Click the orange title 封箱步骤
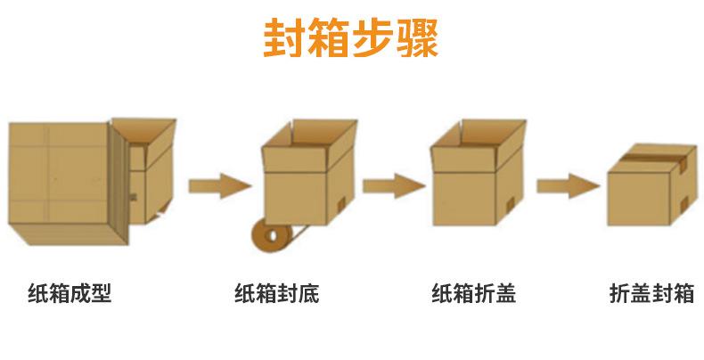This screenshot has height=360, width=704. click(351, 38)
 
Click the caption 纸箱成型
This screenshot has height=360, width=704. click(69, 293)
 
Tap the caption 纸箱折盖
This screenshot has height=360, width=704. click(473, 293)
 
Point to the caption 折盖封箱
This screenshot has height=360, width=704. click(651, 293)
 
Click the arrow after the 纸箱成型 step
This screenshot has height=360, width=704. click(219, 186)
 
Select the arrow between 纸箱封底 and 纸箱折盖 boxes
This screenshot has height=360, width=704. click(392, 186)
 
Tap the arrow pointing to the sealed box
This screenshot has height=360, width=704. click(566, 186)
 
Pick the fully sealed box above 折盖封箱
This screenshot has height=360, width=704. click(650, 187)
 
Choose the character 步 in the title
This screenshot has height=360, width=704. click(373, 38)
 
